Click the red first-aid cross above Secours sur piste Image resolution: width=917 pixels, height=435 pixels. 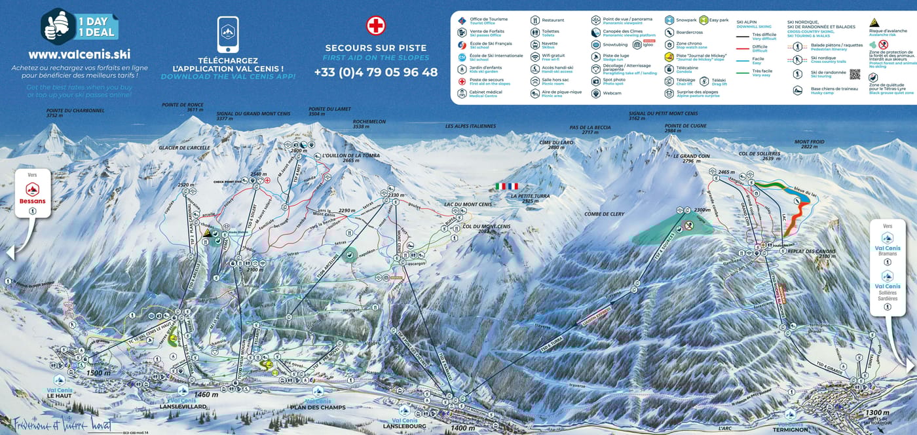point(376,26)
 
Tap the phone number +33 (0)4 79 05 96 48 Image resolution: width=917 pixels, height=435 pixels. point(376,72)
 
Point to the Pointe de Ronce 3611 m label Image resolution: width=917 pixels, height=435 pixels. point(183,107)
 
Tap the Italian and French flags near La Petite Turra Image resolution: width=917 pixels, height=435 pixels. point(506,186)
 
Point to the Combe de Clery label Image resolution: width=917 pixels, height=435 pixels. point(605,214)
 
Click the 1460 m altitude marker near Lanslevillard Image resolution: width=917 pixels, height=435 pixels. point(206,394)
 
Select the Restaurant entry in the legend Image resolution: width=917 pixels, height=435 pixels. point(552,20)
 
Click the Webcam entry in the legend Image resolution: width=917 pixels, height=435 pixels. point(611,93)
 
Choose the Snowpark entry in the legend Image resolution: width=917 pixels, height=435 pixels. point(684,20)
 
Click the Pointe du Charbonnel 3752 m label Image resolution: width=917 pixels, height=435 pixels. point(66,113)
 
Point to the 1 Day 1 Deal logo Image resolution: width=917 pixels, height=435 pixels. point(79,26)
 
